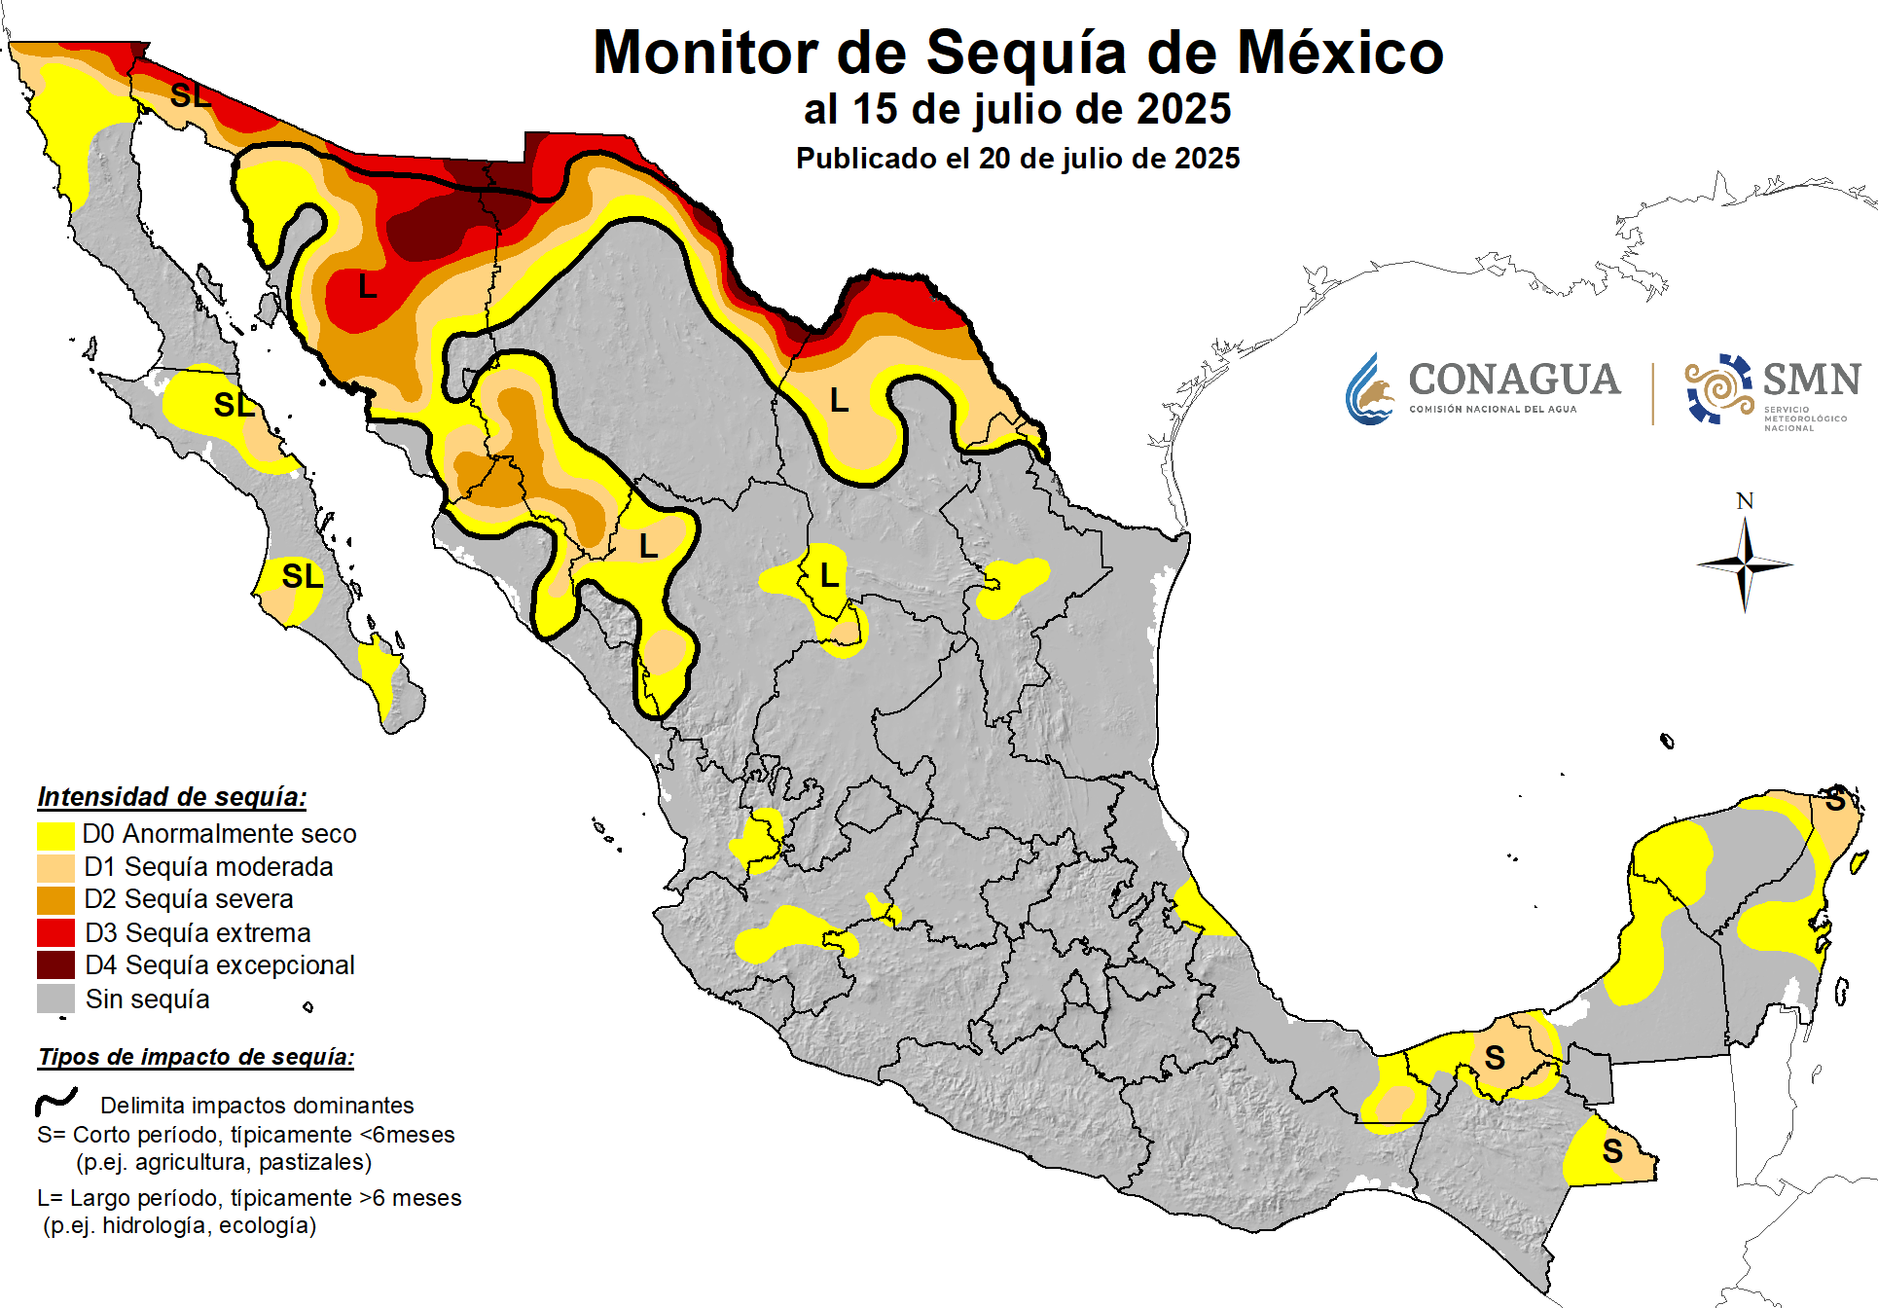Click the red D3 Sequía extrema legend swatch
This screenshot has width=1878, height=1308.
pyautogui.click(x=55, y=932)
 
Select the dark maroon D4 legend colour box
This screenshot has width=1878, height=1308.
pyautogui.click(x=55, y=965)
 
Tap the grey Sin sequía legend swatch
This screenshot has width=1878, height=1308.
pyautogui.click(x=55, y=999)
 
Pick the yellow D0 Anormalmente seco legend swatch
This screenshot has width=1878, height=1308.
pyautogui.click(x=55, y=834)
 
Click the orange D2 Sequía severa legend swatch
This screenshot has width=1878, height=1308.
pyautogui.click(x=55, y=899)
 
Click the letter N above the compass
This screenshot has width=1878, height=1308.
pyautogui.click(x=1745, y=501)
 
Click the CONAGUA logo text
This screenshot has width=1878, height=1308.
pyautogui.click(x=1513, y=381)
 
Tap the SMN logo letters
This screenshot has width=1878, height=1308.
pyautogui.click(x=1811, y=380)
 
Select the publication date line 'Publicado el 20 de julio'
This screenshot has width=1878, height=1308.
pyautogui.click(x=1017, y=159)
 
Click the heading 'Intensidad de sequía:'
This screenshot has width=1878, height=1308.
pyautogui.click(x=172, y=797)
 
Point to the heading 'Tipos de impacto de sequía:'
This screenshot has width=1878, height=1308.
pyautogui.click(x=196, y=1057)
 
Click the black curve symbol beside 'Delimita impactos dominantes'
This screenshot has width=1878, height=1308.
pyautogui.click(x=56, y=1102)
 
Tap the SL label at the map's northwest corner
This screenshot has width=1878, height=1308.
pyautogui.click(x=190, y=95)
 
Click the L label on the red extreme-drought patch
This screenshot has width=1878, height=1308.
pyautogui.click(x=367, y=287)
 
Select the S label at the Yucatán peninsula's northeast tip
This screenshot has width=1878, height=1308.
pyautogui.click(x=1835, y=801)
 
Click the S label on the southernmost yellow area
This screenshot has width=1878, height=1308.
pyautogui.click(x=1612, y=1151)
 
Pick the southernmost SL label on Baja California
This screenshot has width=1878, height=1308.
pyautogui.click(x=302, y=576)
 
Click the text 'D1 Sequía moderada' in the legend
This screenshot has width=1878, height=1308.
pyautogui.click(x=208, y=867)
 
